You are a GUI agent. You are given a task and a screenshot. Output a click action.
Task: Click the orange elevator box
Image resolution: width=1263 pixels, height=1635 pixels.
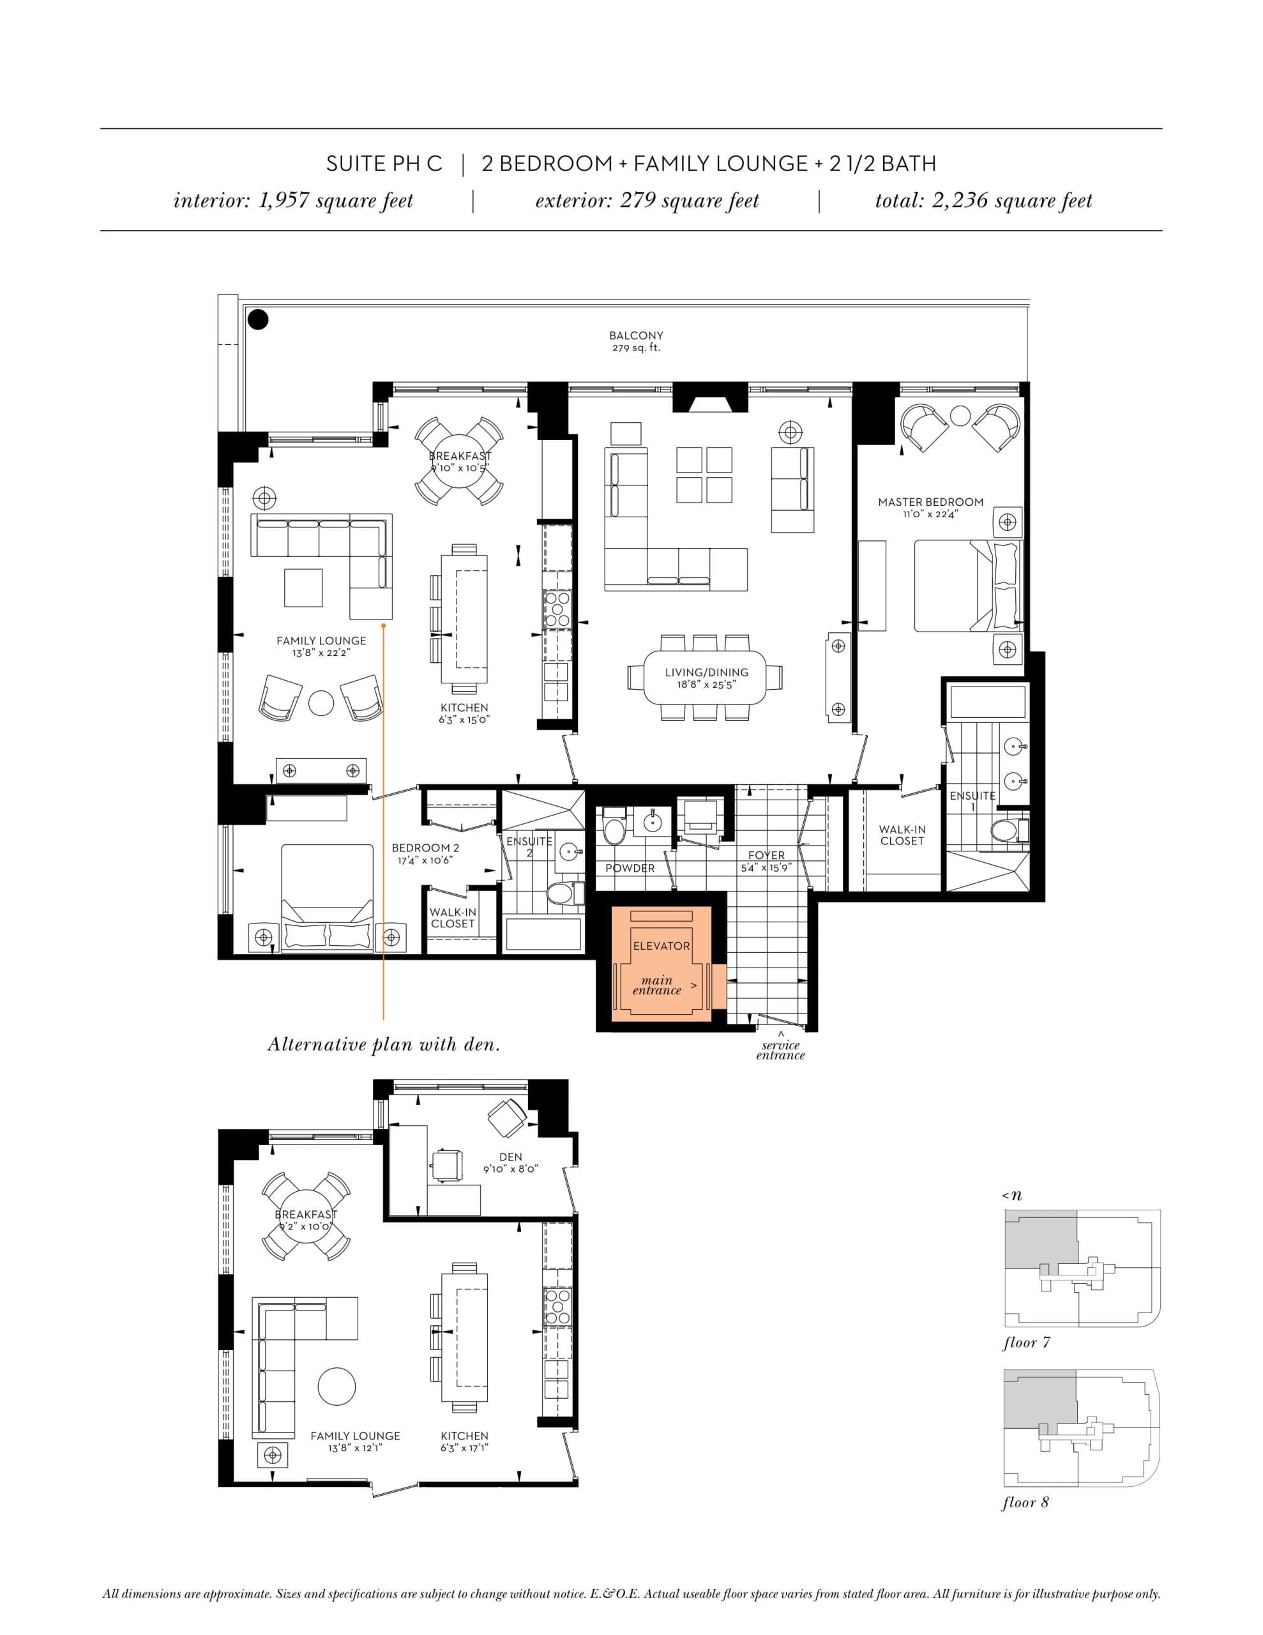(x=661, y=964)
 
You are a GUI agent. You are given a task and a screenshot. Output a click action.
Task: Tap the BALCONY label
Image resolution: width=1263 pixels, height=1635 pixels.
(x=635, y=336)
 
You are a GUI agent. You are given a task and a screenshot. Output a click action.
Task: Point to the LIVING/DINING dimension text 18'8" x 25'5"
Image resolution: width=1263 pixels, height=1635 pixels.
(x=706, y=684)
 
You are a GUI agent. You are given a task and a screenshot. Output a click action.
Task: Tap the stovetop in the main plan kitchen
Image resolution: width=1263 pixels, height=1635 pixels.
(x=556, y=609)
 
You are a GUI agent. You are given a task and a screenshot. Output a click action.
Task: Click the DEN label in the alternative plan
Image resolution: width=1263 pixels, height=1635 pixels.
(x=511, y=1157)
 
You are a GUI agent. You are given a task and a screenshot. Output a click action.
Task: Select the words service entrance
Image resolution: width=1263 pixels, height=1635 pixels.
(x=780, y=1051)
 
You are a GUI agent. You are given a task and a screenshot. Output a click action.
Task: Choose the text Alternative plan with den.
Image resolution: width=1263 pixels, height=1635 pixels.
(x=383, y=1044)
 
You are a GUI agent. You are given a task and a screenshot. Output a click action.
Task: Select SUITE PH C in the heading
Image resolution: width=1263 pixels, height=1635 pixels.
(x=384, y=164)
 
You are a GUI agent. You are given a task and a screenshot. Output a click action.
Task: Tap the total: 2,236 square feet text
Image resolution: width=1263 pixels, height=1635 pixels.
(x=983, y=201)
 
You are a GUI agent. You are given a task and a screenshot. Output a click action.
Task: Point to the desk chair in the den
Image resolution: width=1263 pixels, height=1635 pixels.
(x=447, y=1162)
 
